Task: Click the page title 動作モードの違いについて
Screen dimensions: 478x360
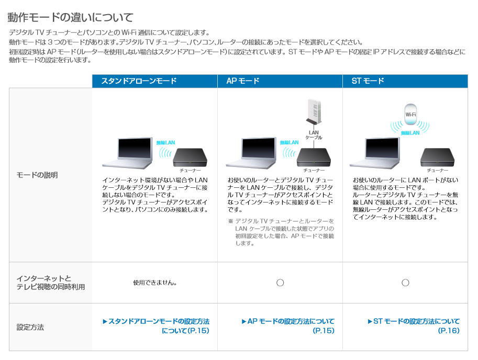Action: [x=71, y=17]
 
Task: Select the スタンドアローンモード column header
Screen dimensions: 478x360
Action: [x=139, y=81]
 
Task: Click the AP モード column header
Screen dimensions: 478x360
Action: [x=242, y=81]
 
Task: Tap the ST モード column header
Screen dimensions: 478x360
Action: [x=368, y=81]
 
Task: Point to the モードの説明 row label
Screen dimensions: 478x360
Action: [x=37, y=175]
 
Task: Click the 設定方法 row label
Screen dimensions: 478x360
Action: [x=30, y=327]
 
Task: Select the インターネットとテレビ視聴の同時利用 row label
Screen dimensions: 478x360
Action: [x=51, y=283]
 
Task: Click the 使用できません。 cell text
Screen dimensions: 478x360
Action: [x=155, y=283]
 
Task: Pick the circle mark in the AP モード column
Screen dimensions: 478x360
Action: [x=280, y=279]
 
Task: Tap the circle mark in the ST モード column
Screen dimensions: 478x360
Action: [x=405, y=279]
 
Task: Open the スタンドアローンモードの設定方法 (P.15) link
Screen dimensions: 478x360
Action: [x=156, y=326]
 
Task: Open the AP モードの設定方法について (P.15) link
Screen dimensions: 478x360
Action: [x=288, y=326]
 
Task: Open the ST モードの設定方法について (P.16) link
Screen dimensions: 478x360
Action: [x=414, y=326]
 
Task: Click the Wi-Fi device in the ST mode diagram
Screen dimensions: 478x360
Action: [x=410, y=115]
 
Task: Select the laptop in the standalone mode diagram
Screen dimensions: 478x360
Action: [x=128, y=153]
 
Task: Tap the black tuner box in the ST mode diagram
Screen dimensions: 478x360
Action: [x=438, y=157]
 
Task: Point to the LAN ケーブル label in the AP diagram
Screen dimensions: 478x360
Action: [x=314, y=135]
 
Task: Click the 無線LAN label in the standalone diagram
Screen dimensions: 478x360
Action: [x=165, y=142]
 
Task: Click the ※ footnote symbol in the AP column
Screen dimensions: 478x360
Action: [x=230, y=221]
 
